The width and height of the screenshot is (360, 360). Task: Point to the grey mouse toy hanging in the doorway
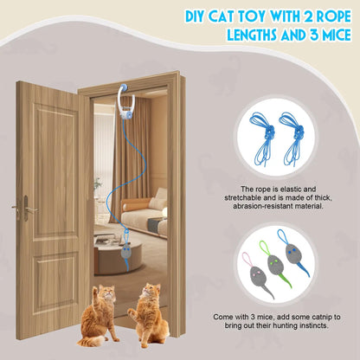(126, 251)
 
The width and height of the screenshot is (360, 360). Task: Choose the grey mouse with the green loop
(274, 265)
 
